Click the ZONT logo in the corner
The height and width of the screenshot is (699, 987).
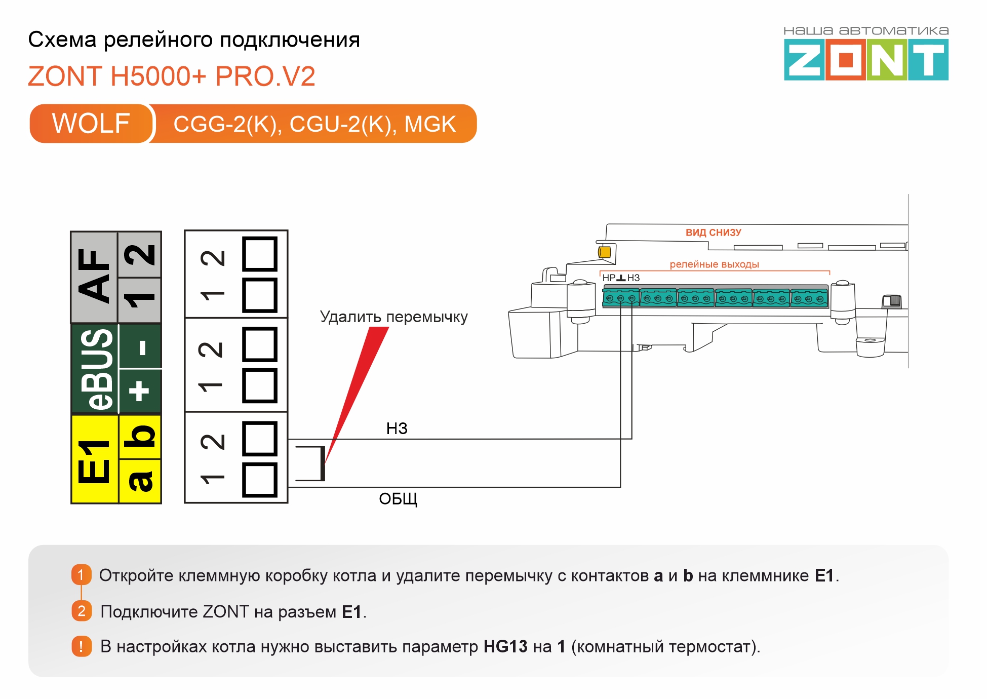click(865, 60)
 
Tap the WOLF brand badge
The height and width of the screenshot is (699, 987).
click(91, 124)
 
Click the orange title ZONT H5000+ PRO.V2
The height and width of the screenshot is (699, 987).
click(172, 76)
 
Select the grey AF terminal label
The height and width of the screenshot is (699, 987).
click(94, 277)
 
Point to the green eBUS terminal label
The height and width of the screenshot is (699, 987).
click(95, 369)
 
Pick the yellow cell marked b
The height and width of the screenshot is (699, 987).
click(140, 437)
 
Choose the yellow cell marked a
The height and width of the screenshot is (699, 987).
click(140, 481)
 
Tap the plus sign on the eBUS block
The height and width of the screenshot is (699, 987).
click(140, 391)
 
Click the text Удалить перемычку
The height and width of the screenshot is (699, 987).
click(393, 317)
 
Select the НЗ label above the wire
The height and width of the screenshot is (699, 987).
click(397, 429)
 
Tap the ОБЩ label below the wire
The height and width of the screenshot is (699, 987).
click(398, 499)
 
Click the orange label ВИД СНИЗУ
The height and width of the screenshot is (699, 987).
click(713, 232)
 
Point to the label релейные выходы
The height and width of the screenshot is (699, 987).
click(714, 264)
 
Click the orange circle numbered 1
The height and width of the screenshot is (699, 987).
click(81, 575)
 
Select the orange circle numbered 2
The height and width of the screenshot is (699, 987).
click(81, 611)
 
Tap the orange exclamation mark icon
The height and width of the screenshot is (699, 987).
click(81, 646)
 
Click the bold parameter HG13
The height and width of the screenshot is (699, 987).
click(505, 647)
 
